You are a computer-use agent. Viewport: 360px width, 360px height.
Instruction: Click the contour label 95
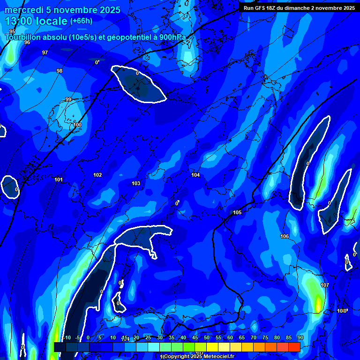[x=12, y=31]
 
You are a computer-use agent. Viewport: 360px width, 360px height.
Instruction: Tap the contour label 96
[x=27, y=42]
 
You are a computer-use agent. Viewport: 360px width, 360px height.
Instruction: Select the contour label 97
[x=45, y=52]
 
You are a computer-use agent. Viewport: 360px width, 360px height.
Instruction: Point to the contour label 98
[x=60, y=71]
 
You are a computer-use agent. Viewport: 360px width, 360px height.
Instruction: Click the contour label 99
[x=68, y=99]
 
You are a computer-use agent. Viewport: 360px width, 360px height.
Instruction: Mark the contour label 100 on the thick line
[x=77, y=125]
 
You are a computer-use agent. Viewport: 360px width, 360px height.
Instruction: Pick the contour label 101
[x=59, y=180]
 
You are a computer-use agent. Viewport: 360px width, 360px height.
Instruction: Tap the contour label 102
[x=97, y=175]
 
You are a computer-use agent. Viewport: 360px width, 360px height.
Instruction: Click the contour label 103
[x=136, y=183]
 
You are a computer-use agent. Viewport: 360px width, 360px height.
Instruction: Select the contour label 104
[x=195, y=175]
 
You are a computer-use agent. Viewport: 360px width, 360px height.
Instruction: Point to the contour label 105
[x=237, y=212]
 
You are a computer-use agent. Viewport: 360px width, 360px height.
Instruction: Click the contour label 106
[x=285, y=236]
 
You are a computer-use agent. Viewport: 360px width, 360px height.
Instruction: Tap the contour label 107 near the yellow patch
[x=325, y=285]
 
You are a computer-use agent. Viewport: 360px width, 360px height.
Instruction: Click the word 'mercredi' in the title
[x=24, y=10]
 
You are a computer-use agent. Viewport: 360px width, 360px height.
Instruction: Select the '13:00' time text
[x=18, y=21]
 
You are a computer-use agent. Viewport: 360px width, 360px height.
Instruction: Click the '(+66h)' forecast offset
[x=81, y=21]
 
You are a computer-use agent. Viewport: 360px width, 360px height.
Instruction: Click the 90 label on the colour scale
[x=300, y=337]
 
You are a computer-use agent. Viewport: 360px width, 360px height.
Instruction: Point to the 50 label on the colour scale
[x=207, y=337]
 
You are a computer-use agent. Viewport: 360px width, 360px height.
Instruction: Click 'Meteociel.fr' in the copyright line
[x=216, y=356]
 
